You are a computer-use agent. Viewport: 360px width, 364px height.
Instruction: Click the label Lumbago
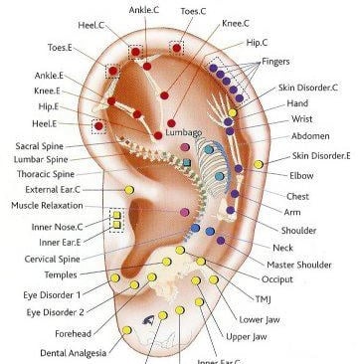185,132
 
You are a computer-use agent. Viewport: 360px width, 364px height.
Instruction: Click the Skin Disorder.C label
307,88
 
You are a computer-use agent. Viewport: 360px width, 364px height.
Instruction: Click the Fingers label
275,62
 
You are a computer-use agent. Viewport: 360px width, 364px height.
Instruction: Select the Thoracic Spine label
47,174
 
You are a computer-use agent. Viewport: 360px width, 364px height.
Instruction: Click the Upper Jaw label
246,336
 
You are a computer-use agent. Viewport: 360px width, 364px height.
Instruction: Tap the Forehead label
64,334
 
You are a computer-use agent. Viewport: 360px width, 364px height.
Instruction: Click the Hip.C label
257,43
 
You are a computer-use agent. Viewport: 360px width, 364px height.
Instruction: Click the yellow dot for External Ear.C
129,189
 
